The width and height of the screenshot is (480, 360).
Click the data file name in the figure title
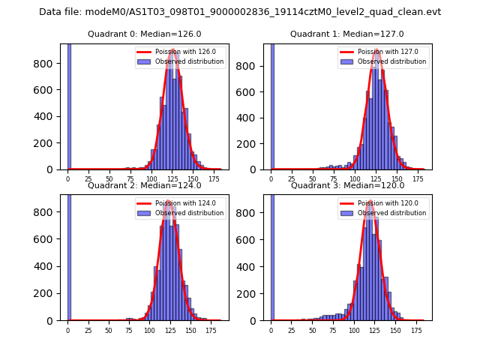click(x=240, y=12)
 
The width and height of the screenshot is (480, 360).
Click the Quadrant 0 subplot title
click(x=144, y=34)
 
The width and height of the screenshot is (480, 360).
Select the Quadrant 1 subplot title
click(x=347, y=34)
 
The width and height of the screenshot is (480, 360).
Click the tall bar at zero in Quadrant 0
click(x=69, y=105)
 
